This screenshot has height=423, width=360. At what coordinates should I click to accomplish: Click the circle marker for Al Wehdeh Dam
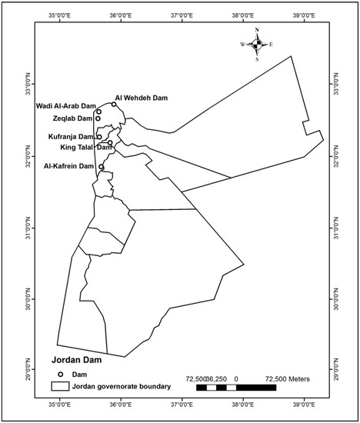114,105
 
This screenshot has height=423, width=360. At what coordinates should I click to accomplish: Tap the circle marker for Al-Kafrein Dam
102,166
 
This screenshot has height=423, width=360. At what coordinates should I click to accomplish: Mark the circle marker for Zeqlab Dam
98,118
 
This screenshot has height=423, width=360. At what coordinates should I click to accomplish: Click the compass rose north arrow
258,35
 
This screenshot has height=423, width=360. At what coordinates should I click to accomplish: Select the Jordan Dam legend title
78,359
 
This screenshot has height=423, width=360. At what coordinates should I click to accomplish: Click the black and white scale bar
235,388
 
